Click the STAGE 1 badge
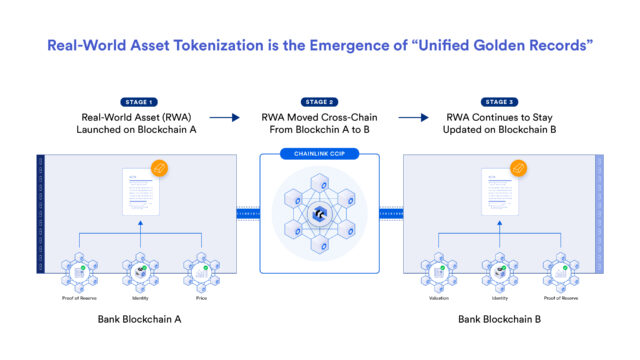coord(139,101)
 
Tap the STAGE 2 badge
coord(320,101)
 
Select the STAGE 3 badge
coord(500,101)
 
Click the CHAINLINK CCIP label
coord(320,156)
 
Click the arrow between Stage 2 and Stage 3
coord(413,118)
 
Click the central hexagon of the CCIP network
coord(320,214)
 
